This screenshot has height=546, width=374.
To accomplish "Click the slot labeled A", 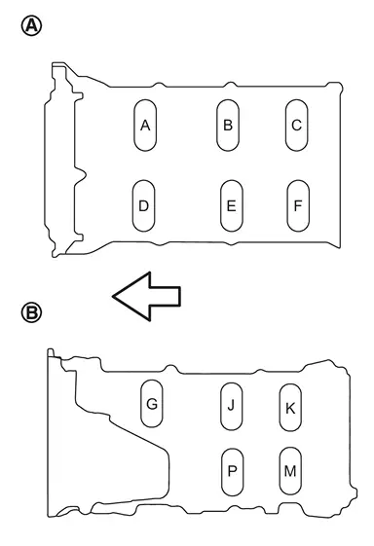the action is tap(145, 126).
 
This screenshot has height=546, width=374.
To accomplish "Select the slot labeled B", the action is tap(228, 126).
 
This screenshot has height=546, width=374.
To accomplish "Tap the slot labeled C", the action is tap(297, 126).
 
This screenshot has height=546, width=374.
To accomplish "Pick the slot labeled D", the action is tap(143, 205).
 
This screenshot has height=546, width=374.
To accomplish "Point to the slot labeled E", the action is tap(232, 205).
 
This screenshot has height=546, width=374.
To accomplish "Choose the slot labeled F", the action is tap(298, 205).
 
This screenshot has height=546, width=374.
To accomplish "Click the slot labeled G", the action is tap(152, 404).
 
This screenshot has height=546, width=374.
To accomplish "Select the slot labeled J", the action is tap(232, 407).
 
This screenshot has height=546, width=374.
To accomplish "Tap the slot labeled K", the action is tap(290, 408).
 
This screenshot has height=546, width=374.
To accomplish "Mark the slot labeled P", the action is tap(233, 471).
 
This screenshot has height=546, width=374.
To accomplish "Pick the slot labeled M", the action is tap(290, 471).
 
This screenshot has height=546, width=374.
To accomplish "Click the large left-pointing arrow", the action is tap(146, 296).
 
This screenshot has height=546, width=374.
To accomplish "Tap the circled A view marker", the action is tap(32, 26).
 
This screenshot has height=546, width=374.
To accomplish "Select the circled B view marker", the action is tap(32, 312).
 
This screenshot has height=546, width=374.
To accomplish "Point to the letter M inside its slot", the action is tap(290, 471).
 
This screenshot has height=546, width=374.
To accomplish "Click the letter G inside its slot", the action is tap(152, 404).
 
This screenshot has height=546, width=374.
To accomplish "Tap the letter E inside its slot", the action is tap(232, 206).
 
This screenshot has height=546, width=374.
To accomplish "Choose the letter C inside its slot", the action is tap(297, 126).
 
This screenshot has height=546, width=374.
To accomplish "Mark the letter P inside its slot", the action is tap(232, 471).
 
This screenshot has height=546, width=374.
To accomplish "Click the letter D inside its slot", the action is tap(143, 206).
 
